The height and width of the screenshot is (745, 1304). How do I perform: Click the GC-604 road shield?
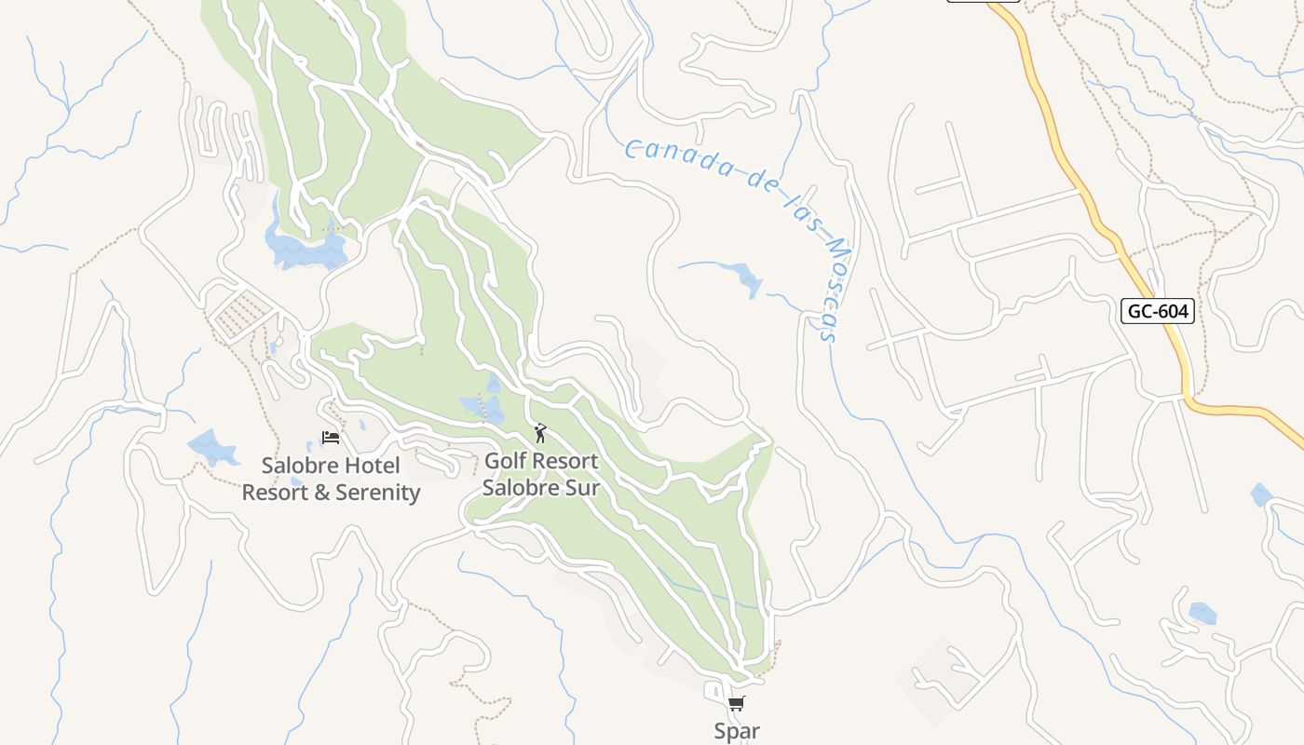point(1157,311)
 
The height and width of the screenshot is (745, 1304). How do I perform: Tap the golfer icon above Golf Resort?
point(540,433)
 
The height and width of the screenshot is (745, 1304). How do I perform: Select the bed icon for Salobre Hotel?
point(331,437)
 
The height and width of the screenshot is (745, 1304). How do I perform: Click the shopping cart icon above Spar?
point(737,704)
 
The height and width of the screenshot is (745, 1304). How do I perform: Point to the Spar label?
point(737,731)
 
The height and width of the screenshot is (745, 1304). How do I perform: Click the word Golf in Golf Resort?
point(506,461)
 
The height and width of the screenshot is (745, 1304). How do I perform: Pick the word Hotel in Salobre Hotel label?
point(371,466)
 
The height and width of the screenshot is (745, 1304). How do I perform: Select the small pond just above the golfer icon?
point(482,406)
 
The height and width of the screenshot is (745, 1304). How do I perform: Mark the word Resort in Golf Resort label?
point(568,461)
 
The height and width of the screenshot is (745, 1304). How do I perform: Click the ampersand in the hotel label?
point(321,493)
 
